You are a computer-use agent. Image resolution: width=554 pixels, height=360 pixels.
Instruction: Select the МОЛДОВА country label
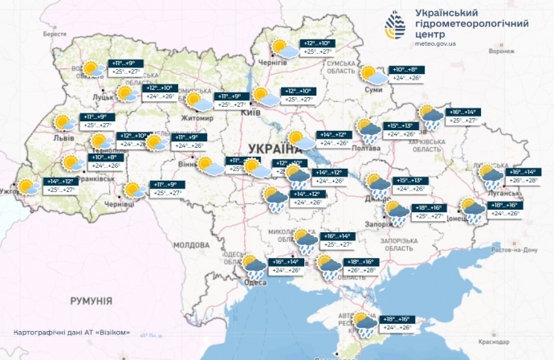coord(192,244)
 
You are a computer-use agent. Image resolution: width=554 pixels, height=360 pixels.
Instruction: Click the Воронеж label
coord(501,51)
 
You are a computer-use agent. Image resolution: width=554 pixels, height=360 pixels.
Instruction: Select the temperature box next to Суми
coord(406,74)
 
